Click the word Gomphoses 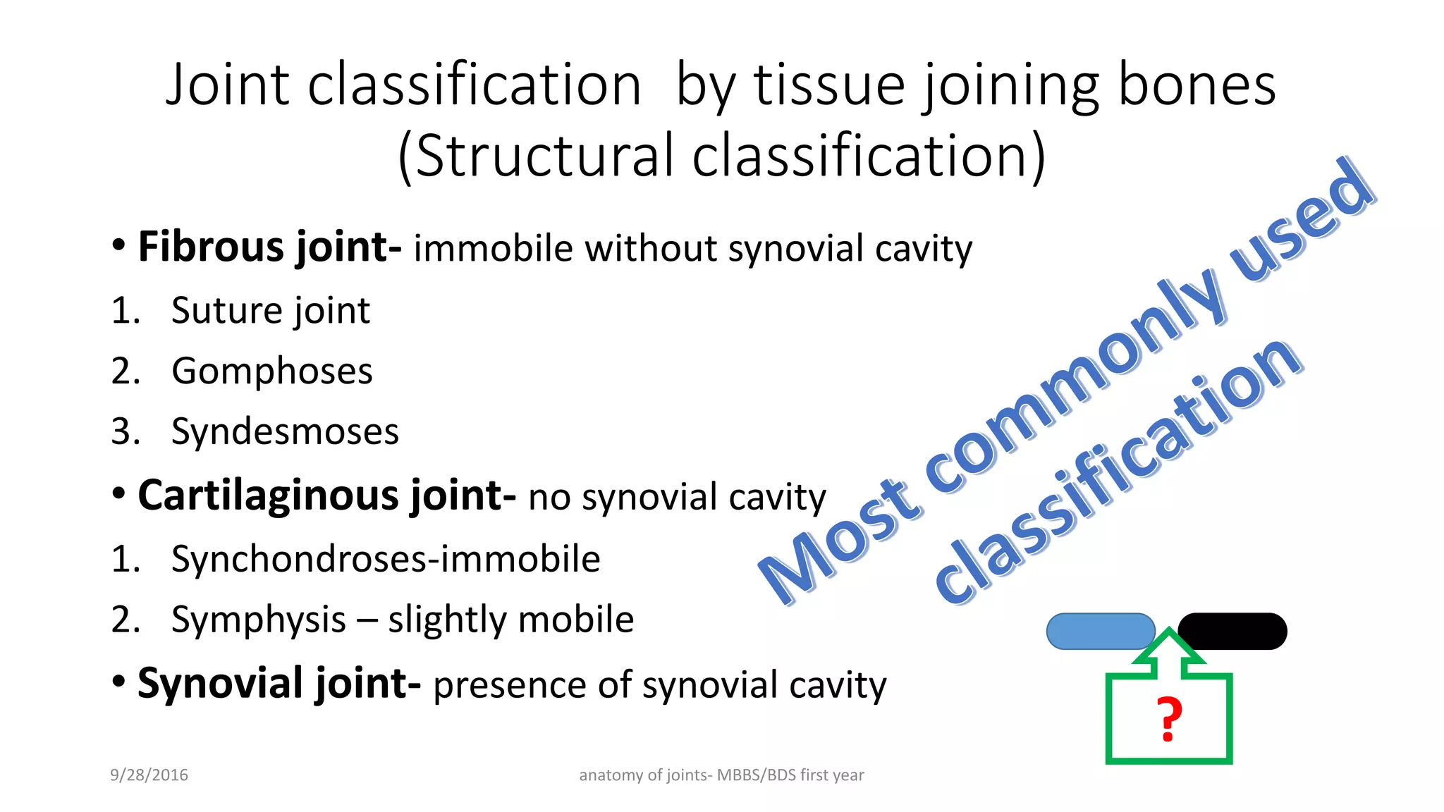coord(271,371)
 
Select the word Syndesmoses coord(285,432)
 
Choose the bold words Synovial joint coord(278,684)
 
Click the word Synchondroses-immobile coord(386,559)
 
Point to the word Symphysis coord(258,620)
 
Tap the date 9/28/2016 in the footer coord(149,775)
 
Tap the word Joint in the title coord(227,85)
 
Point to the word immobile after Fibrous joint coord(493,249)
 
